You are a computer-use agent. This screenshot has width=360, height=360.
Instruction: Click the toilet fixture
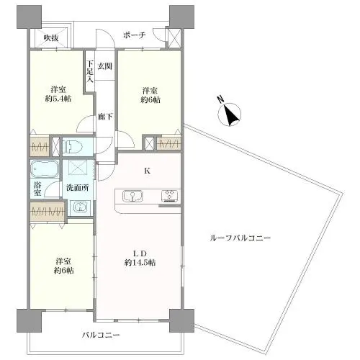pos(73,147)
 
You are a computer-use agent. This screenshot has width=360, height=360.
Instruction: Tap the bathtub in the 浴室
pos(45,169)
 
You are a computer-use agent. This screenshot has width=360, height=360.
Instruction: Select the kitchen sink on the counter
pos(132,196)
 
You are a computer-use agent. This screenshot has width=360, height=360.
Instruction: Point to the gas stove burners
pos(170,195)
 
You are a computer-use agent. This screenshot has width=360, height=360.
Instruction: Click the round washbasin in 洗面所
pos(79,207)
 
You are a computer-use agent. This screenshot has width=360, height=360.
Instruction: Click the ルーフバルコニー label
pos(240,238)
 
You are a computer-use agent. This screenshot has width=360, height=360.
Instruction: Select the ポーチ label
pos(135,35)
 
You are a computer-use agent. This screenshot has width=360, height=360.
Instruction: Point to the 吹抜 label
pos(51,38)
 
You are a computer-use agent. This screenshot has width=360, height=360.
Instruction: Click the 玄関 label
pos(105,66)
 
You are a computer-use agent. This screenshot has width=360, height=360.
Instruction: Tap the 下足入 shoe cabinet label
pos(90,71)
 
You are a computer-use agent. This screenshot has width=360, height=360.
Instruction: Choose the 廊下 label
pos(105,117)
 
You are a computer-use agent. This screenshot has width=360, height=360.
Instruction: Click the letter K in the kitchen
pos(147,171)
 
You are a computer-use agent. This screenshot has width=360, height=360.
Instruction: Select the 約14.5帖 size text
pos(140,263)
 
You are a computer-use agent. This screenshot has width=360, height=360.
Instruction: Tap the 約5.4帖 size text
pos(58,99)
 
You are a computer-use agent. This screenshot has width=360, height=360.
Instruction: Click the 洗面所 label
pos(78,188)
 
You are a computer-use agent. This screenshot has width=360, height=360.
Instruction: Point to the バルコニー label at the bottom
pos(101,335)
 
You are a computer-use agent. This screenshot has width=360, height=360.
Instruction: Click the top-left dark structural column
pos(29,17)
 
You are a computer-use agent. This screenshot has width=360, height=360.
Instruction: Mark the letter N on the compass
pos(220,99)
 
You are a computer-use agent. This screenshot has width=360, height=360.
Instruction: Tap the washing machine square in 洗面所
pos(78,167)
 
